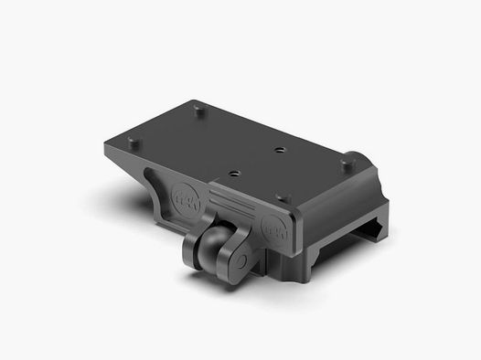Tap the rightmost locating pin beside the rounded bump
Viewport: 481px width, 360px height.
tap(347, 164)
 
